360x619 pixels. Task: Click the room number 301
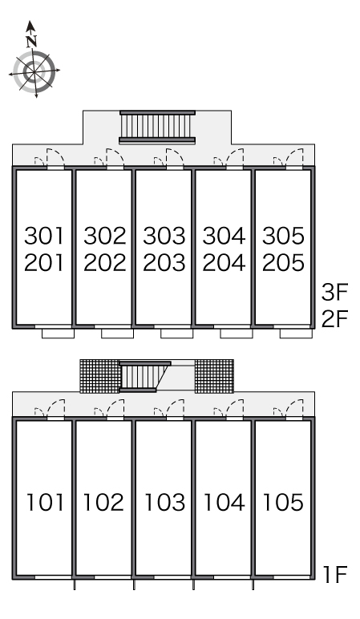click(44, 236)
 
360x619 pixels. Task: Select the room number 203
click(164, 263)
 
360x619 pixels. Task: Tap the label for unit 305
click(283, 236)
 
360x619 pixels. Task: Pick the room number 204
click(224, 263)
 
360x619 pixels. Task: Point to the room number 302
click(104, 236)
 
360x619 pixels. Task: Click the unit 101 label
click(45, 503)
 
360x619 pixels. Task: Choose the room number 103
click(164, 503)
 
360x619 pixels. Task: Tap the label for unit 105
click(283, 503)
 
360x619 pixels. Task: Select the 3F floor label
click(334, 293)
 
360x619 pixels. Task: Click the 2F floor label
click(334, 319)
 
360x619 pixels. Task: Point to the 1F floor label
click(335, 574)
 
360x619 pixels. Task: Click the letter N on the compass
click(31, 41)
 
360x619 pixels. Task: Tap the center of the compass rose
click(34, 71)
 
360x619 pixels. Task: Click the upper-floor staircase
click(157, 127)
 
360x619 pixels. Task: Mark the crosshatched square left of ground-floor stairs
click(100, 376)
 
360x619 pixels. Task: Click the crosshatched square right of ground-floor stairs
click(214, 376)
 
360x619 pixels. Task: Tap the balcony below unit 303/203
click(177, 334)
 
